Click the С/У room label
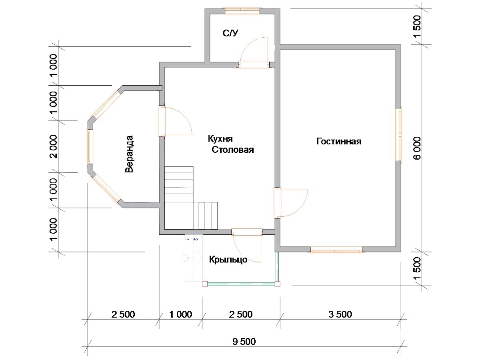tap(230, 33)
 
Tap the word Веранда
tap(129, 154)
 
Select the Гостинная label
tap(339, 142)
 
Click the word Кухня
tap(220, 138)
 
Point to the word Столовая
tap(233, 150)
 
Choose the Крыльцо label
tap(228, 260)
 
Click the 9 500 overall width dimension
tap(244, 342)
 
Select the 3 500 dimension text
tap(340, 314)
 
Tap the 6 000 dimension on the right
tap(417, 148)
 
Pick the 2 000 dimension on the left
tap(53, 146)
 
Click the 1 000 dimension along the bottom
tap(181, 314)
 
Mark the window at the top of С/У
tap(242, 11)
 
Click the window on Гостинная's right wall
tap(399, 134)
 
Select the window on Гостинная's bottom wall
tap(336, 249)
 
